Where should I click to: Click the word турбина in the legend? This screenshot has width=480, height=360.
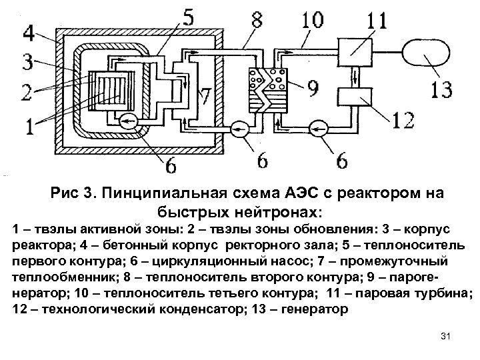coord(445,293)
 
